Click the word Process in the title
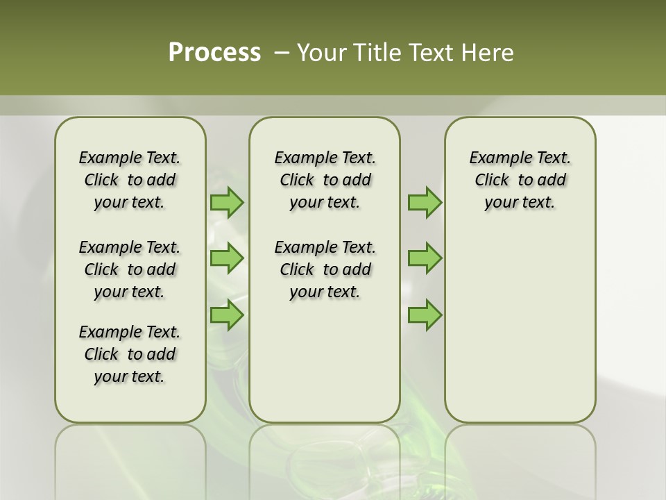pos(214,53)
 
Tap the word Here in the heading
pos(488,53)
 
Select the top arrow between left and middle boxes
pos(227,202)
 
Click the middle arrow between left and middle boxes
pos(227,258)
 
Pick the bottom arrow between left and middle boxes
pos(227,315)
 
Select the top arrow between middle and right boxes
pos(425,202)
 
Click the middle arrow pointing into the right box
pos(425,258)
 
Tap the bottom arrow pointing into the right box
pos(425,315)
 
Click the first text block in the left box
pos(130,180)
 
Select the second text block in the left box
pos(130,269)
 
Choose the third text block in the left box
pos(130,354)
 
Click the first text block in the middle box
pos(325,180)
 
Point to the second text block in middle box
pos(325,269)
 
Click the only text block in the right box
pos(520,180)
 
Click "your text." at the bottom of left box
pos(129,376)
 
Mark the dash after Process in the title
pos(281,53)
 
